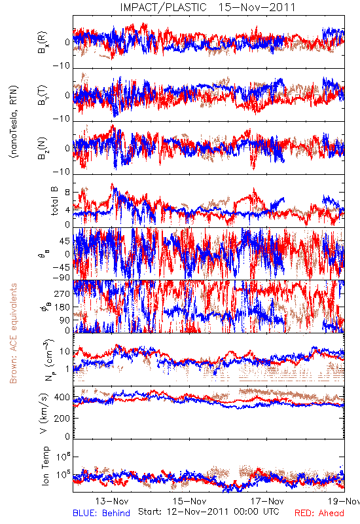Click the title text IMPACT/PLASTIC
click(163, 7)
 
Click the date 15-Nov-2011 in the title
click(257, 7)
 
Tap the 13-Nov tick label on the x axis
click(112, 501)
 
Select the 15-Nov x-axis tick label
click(190, 501)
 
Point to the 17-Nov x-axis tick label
click(268, 501)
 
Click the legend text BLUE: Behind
click(101, 513)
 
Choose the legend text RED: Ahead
click(319, 513)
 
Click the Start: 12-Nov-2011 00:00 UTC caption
click(209, 512)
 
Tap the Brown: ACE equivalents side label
click(13, 333)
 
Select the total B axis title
click(54, 200)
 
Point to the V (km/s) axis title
click(44, 414)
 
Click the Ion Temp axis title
click(45, 466)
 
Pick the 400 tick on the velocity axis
click(62, 398)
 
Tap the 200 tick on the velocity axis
click(62, 418)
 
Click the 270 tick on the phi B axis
click(62, 293)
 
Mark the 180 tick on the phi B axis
click(62, 307)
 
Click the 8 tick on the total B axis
click(68, 193)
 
